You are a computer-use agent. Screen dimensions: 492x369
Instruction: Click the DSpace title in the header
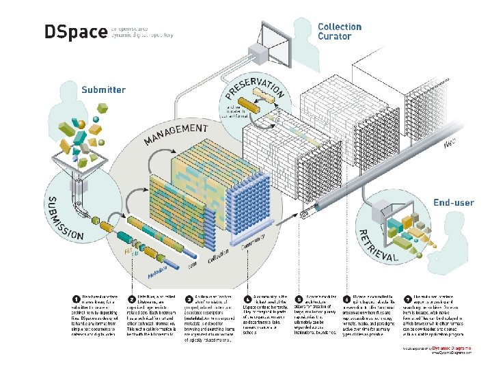click(74, 33)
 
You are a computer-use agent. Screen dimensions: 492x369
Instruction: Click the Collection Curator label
click(340, 31)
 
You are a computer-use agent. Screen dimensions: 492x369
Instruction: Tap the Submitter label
click(103, 90)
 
